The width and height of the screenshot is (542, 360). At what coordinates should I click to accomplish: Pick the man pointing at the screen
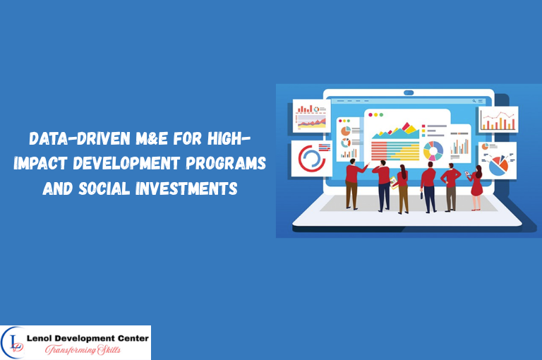[352, 184]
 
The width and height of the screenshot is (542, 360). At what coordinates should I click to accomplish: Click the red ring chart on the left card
[310, 158]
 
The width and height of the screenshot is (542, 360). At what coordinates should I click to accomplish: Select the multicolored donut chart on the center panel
[433, 150]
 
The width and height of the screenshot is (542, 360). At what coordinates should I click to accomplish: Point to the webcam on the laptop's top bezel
[409, 92]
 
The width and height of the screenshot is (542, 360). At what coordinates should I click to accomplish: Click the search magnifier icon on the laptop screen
[474, 101]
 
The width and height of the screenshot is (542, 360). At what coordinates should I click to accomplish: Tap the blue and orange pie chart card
[498, 159]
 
